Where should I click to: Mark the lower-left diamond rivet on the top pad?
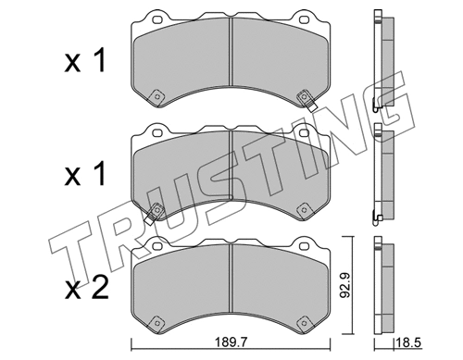click(x=157, y=94)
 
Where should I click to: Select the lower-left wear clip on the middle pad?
click(x=157, y=212)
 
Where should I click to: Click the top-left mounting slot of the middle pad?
click(x=152, y=132)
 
